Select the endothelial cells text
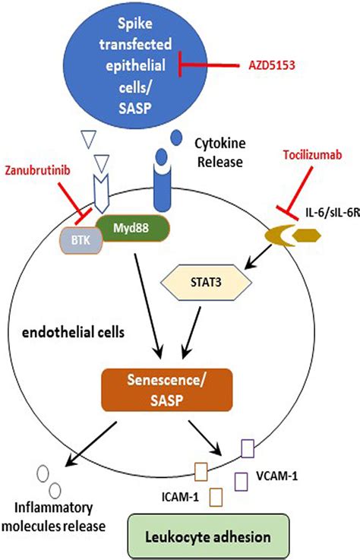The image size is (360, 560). point(62,333)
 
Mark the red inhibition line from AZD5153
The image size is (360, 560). point(213,67)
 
